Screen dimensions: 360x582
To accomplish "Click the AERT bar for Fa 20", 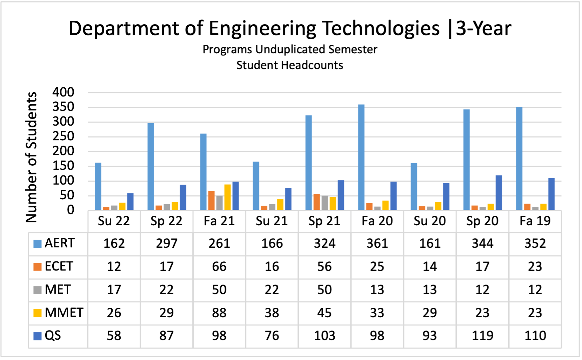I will (361, 158).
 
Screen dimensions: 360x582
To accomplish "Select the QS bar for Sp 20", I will (499, 193).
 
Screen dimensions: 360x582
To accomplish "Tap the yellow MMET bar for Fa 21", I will (227, 197).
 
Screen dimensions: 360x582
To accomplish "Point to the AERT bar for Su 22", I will (98, 186).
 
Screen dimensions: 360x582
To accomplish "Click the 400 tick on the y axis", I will (63, 92).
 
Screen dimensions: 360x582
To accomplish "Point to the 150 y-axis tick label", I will (63, 166).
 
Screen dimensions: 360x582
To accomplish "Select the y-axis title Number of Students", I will (31, 157).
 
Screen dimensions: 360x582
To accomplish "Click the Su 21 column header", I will (272, 221).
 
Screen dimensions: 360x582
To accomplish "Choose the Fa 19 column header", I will (535, 221).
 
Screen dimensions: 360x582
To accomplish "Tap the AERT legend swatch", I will (37, 244).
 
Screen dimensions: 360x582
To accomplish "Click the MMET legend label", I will (64, 312).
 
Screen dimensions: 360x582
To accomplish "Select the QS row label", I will (53, 335).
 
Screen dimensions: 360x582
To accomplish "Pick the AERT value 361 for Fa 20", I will (377, 244).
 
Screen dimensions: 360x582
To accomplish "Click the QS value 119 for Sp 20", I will (482, 335).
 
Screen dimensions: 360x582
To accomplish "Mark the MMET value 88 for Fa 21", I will (219, 312).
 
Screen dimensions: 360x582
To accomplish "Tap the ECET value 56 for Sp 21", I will (325, 267).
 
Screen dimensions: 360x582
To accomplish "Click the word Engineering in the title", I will (262, 28).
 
